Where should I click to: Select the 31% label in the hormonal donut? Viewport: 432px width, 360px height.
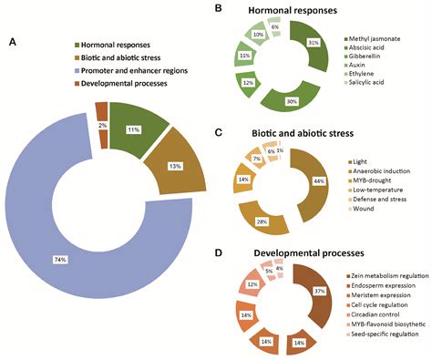point(314,43)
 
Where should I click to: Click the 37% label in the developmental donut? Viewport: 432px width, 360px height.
point(318,291)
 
